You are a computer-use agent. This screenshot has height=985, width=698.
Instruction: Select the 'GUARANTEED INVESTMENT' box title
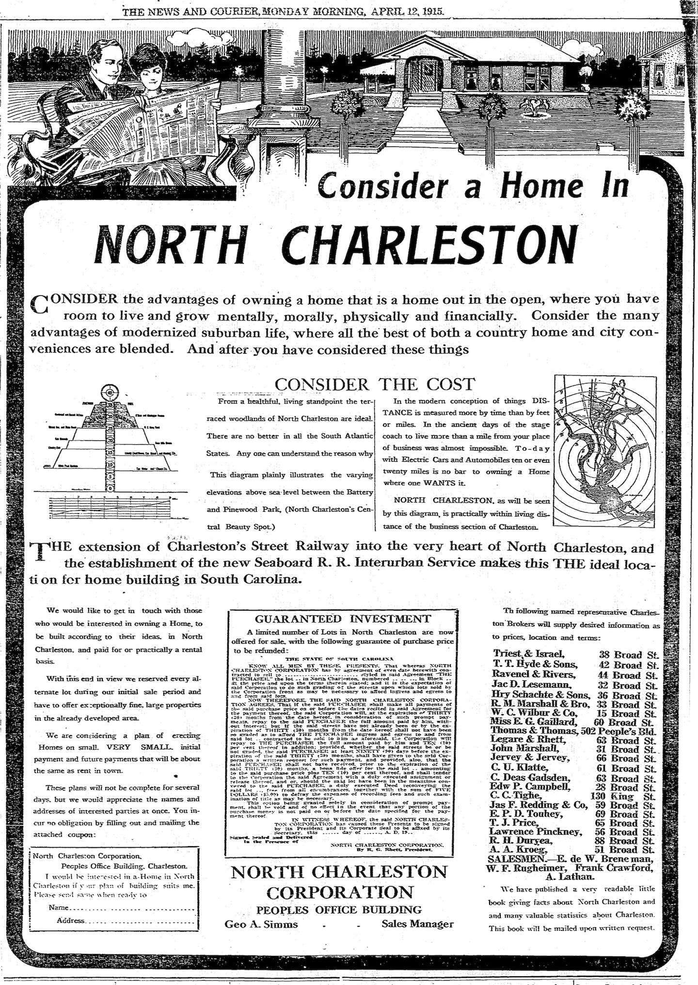343,618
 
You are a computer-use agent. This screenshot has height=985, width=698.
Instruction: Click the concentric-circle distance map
603,451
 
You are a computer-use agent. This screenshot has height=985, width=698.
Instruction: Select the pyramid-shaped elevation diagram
111,436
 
